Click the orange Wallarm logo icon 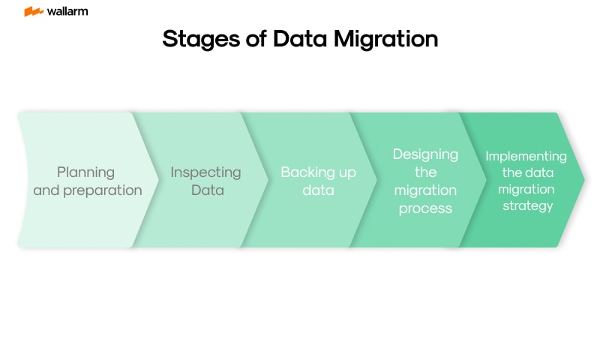click(x=33, y=12)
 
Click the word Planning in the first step click(x=85, y=172)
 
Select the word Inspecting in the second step click(x=205, y=172)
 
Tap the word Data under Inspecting click(x=207, y=190)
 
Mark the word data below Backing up click(x=318, y=190)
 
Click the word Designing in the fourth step click(x=425, y=154)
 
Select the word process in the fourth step click(x=425, y=208)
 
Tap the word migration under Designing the click(x=425, y=190)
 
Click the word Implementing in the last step click(x=526, y=156)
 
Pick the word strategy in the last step click(x=526, y=205)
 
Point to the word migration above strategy click(x=526, y=189)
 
